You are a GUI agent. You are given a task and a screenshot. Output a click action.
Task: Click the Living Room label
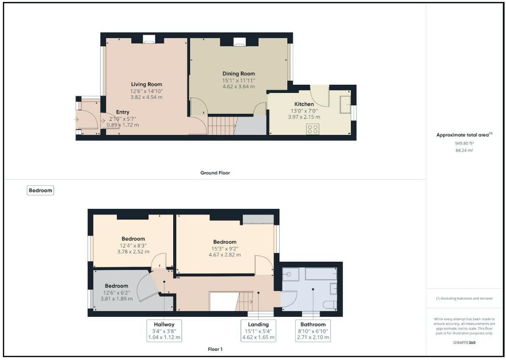(x=146, y=84)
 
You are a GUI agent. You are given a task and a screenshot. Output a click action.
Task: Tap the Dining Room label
(x=239, y=74)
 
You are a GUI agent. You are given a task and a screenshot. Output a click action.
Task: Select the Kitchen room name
(x=304, y=104)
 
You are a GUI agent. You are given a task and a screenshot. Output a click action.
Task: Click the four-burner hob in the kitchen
(x=313, y=129)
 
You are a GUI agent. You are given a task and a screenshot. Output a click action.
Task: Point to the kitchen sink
(x=345, y=104)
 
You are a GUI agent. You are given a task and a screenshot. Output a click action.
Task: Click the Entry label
(x=123, y=112)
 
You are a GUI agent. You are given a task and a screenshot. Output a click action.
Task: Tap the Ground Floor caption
(x=215, y=173)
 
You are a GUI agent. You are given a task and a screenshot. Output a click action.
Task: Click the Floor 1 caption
(x=215, y=349)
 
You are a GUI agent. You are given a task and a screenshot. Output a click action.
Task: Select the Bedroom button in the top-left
(x=40, y=190)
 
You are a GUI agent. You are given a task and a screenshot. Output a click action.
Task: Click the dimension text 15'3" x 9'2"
(x=225, y=248)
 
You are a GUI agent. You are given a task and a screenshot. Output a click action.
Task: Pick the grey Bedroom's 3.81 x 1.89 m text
(x=117, y=299)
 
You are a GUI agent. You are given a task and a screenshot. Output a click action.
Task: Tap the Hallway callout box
(x=164, y=331)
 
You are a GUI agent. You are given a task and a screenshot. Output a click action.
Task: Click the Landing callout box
(x=259, y=331)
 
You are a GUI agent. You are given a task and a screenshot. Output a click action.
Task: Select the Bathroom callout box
(x=313, y=331)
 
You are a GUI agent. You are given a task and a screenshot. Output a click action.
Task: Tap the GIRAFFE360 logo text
(x=464, y=342)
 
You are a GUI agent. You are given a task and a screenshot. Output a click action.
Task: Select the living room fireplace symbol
(x=149, y=39)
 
